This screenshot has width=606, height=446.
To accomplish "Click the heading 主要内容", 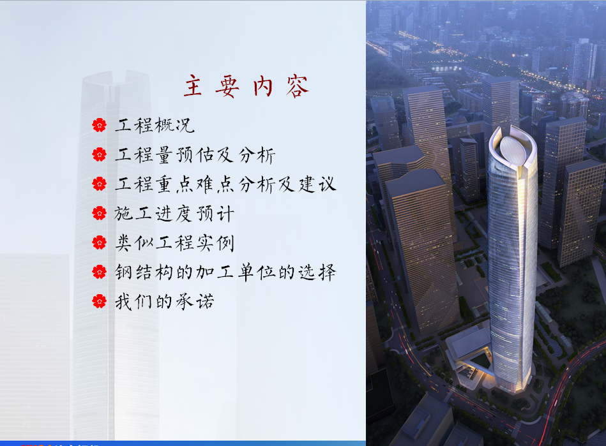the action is [246, 86].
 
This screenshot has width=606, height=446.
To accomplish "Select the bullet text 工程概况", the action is [155, 126].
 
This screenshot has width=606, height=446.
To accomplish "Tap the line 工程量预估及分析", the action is [195, 155].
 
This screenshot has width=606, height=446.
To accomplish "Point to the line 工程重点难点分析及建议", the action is [225, 184].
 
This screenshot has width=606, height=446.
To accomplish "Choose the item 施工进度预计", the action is [174, 214].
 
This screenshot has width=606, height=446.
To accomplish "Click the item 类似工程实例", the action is [175, 243].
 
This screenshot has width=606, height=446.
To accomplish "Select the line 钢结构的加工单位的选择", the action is [225, 272].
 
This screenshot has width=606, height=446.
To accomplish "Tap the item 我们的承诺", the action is [164, 302].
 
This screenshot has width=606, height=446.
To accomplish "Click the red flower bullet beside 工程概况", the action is [100, 125].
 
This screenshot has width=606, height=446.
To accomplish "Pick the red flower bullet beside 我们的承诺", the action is [100, 301].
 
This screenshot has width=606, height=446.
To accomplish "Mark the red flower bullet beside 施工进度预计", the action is [100, 213].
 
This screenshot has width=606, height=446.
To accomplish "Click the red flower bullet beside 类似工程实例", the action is [100, 242].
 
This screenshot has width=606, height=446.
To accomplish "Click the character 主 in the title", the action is [193, 85].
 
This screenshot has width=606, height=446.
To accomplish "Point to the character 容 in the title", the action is [298, 86].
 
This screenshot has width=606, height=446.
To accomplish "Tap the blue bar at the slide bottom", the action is [183, 443].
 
